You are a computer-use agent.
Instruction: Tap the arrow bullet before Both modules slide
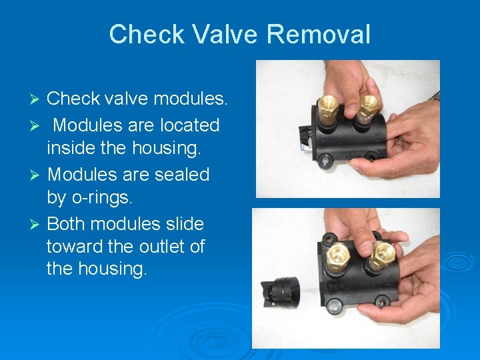(37, 224)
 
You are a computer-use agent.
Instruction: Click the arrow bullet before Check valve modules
(37, 100)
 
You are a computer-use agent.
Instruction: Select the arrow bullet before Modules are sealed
(37, 175)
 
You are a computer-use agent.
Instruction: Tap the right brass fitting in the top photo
(367, 107)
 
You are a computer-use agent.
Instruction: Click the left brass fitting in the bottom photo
(338, 257)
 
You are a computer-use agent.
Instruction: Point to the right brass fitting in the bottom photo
(382, 255)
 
